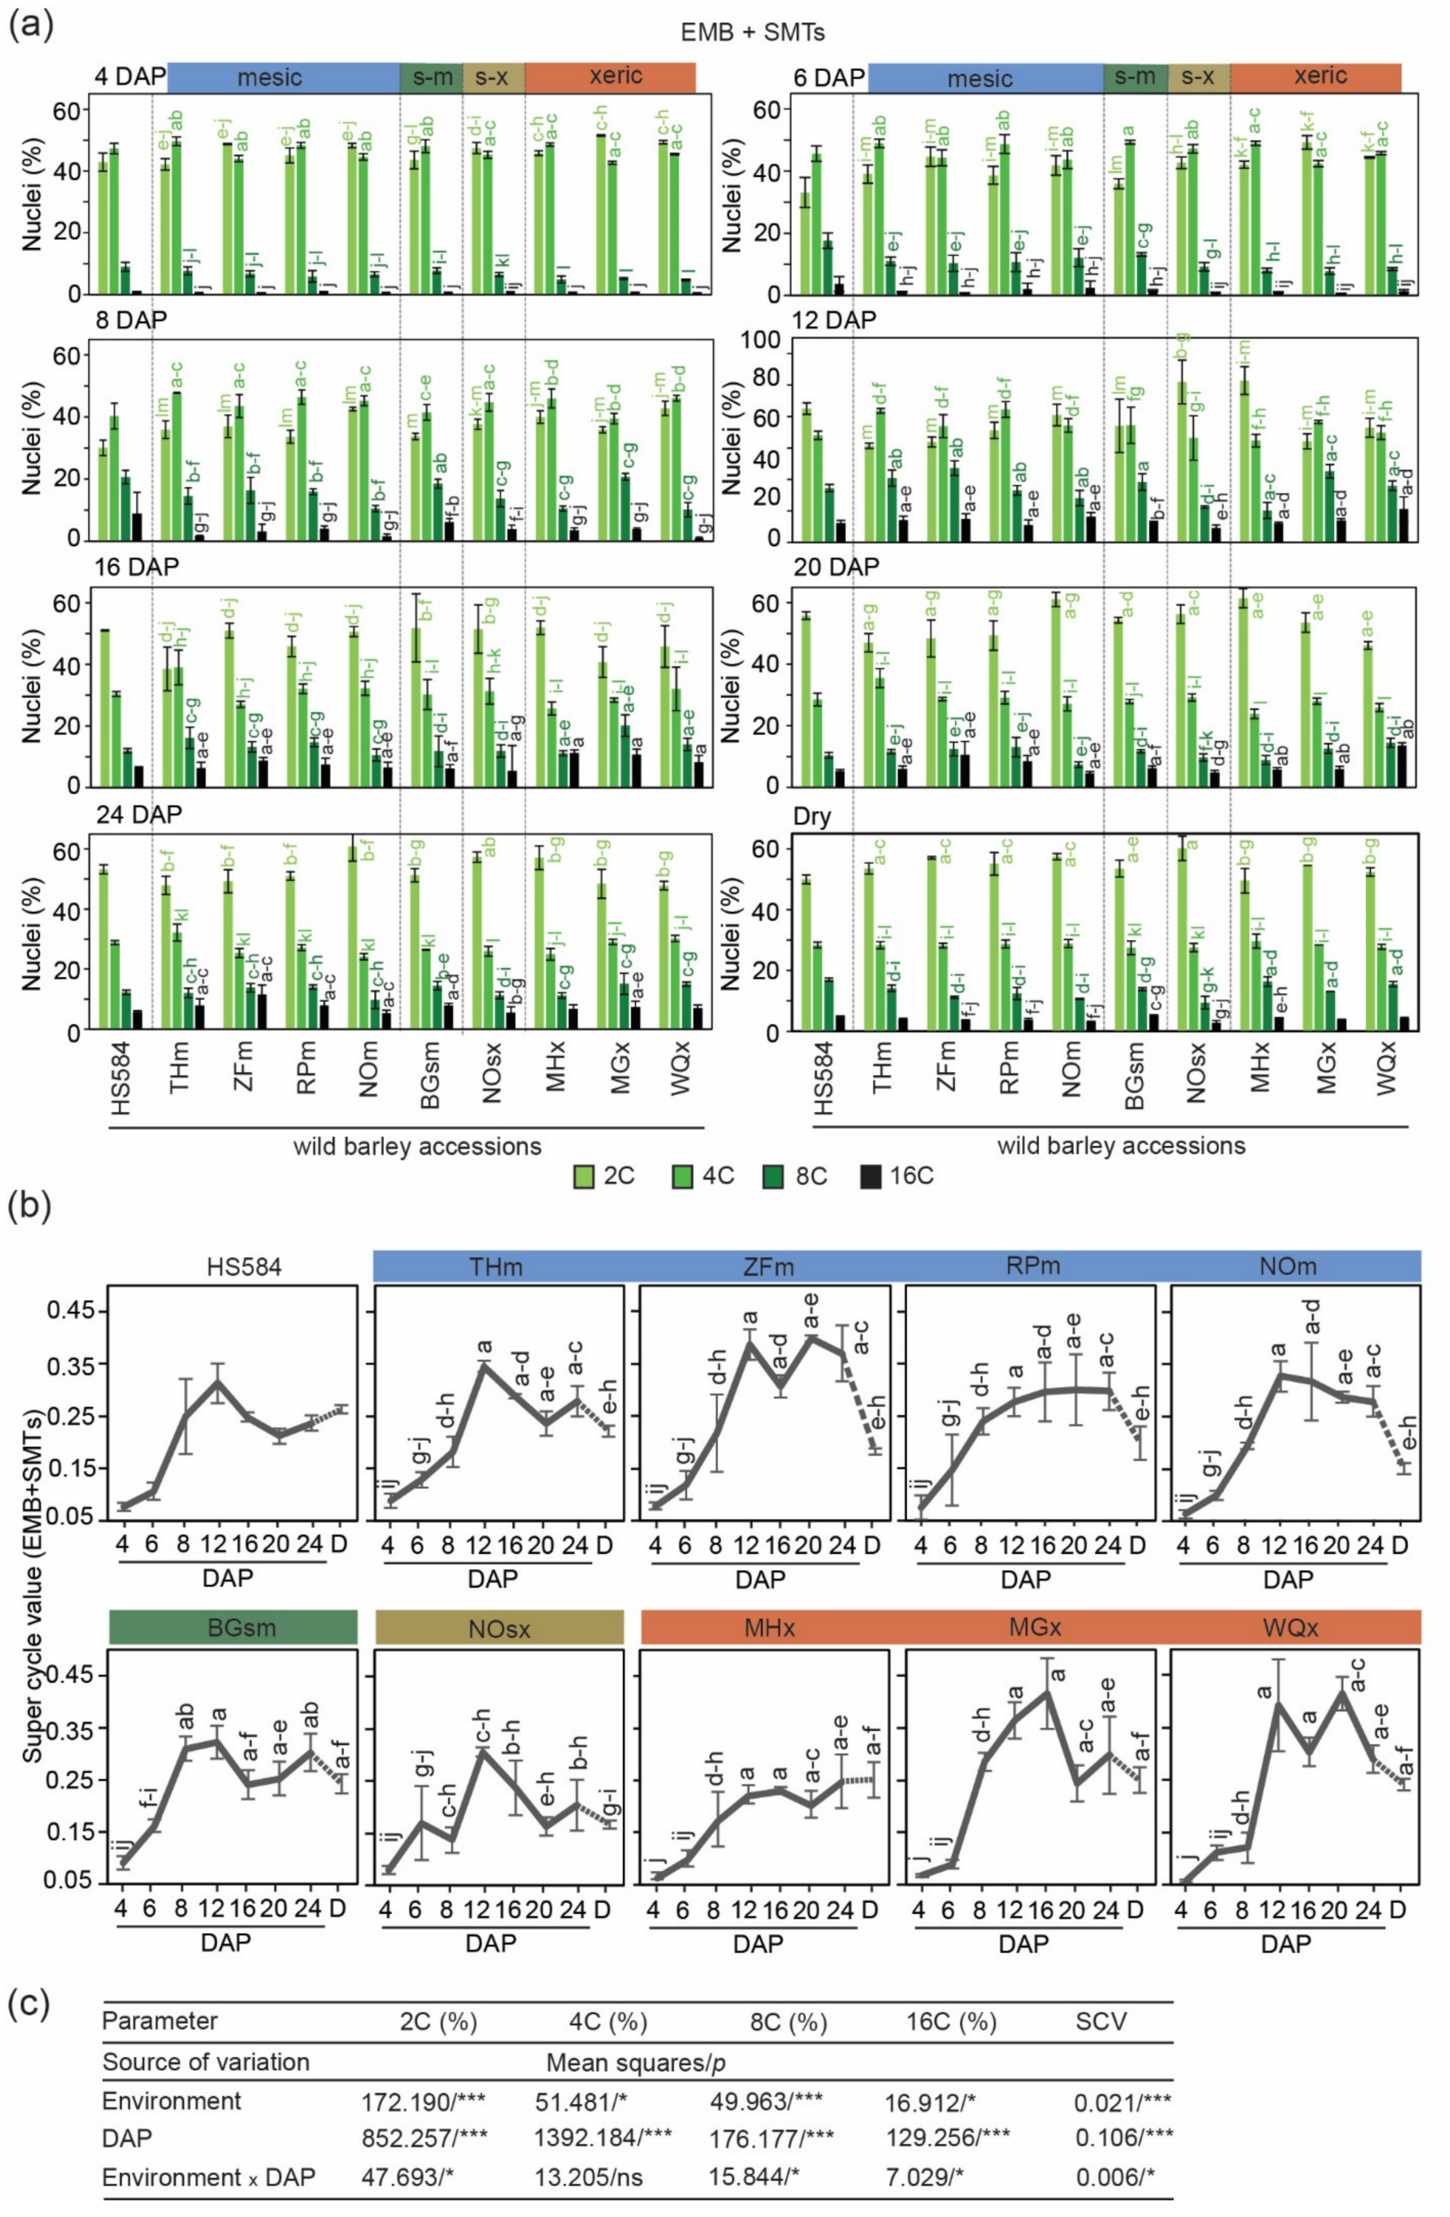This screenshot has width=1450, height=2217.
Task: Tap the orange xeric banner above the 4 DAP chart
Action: [x=609, y=76]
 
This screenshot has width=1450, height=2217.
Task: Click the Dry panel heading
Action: [x=811, y=817]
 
